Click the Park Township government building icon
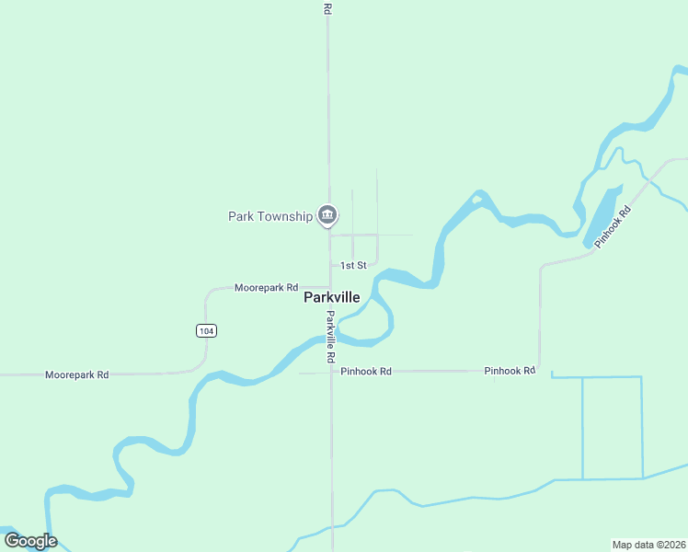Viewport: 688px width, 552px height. click(327, 215)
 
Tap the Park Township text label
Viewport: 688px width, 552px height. click(270, 216)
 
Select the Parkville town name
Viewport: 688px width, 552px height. click(331, 298)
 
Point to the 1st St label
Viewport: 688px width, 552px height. click(353, 265)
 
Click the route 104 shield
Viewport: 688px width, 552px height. click(206, 330)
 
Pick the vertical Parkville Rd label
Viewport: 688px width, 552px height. click(330, 336)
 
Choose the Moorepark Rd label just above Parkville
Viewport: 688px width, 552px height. click(267, 287)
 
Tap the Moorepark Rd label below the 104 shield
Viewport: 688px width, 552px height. click(77, 374)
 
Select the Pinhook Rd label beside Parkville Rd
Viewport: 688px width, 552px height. click(366, 372)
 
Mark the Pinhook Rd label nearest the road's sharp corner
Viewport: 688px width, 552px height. click(510, 371)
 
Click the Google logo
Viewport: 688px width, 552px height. click(30, 541)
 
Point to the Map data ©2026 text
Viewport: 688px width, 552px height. click(648, 544)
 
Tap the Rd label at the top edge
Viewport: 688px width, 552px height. click(327, 7)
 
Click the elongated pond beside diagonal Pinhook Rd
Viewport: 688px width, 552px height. click(602, 217)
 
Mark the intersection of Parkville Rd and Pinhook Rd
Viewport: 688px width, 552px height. click(331, 373)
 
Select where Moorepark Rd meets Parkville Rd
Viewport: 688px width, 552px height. click(329, 287)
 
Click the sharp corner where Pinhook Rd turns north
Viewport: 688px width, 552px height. click(540, 371)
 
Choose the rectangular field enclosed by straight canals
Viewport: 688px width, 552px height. click(612, 428)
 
